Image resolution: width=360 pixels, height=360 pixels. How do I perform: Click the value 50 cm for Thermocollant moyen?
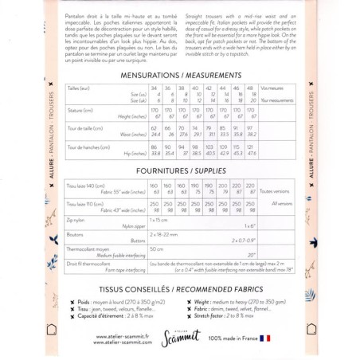tap(157, 249)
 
